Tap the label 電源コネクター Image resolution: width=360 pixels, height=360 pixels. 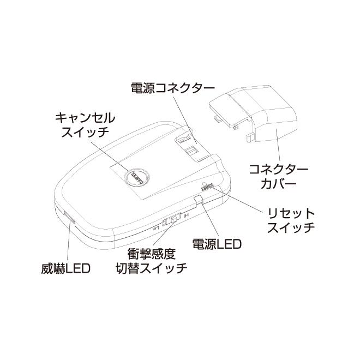coord(173,88)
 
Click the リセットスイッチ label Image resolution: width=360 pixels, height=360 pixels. coord(290,219)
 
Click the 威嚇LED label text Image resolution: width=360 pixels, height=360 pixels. coord(64,269)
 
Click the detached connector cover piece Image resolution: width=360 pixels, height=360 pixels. coord(256,112)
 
